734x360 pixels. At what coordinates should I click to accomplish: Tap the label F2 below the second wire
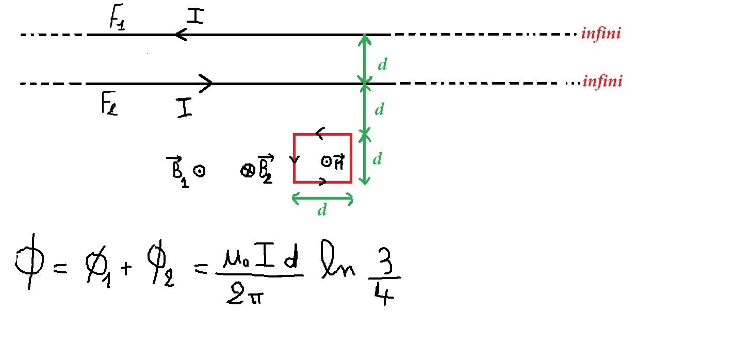point(108,105)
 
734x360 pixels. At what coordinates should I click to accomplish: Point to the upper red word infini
point(600,34)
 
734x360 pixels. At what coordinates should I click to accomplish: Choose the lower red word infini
point(602,81)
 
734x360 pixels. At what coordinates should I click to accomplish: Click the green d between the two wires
point(382,64)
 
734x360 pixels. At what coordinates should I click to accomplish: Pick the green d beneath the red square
point(322,211)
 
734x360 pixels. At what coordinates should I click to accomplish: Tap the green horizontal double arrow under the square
point(322,198)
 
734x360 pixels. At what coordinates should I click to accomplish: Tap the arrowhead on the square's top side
point(320,134)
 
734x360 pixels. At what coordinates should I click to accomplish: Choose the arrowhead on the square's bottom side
point(323,182)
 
